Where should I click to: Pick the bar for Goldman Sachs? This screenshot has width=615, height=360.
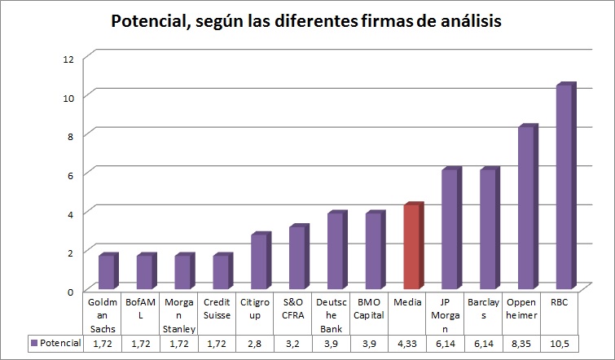coord(106,273)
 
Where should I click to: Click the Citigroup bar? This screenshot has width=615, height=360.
coord(259,262)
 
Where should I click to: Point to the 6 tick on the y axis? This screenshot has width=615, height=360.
coord(71,174)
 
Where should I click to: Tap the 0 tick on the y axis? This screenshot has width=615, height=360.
coord(71,291)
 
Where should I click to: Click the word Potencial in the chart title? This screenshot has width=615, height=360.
coord(152,21)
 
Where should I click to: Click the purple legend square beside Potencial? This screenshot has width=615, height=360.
coord(34,344)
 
